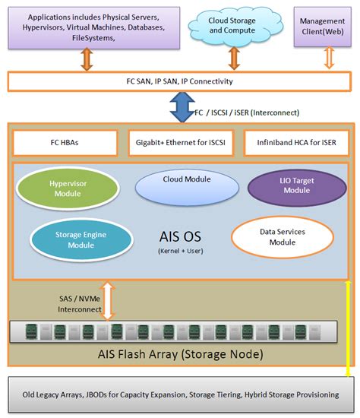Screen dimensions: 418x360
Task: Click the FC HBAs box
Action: coord(65,142)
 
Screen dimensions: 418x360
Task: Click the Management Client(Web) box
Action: coord(322,27)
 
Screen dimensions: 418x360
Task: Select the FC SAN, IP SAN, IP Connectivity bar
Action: coord(179,81)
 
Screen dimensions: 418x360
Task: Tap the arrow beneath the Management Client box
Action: coord(328,58)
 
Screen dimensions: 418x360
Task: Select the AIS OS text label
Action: coord(179,236)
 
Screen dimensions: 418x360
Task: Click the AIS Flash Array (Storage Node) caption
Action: coord(180,353)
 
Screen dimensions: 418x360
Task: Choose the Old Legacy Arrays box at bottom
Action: coord(180,394)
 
